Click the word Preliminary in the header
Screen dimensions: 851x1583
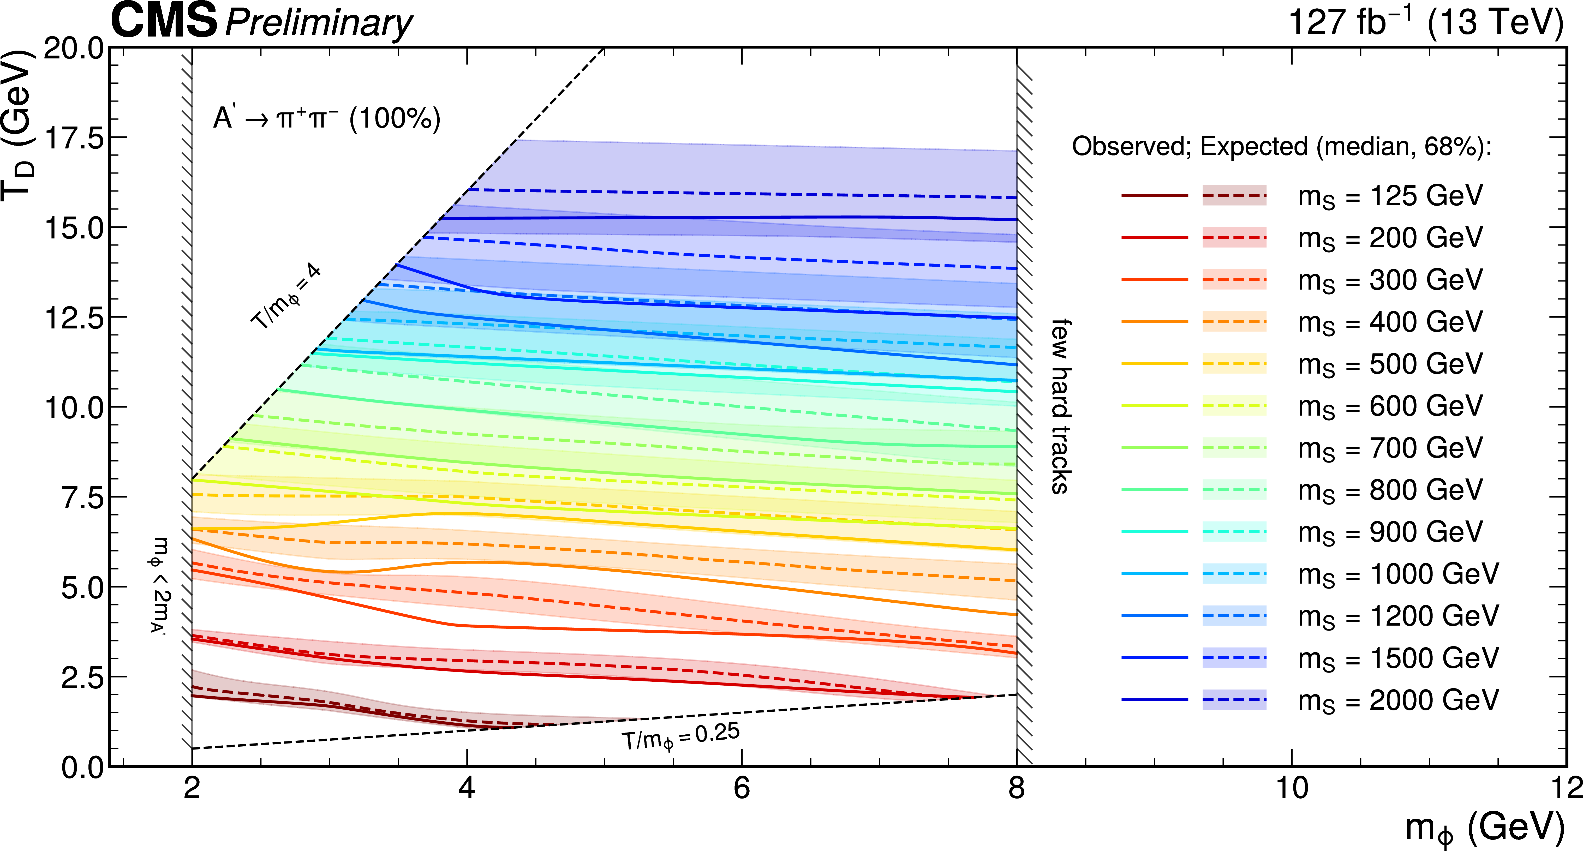pyautogui.click(x=319, y=23)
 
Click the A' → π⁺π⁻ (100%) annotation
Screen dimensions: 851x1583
pyautogui.click(x=327, y=118)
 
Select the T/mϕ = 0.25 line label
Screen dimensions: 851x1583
pyautogui.click(x=681, y=737)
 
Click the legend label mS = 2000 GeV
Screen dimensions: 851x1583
pyautogui.click(x=1398, y=700)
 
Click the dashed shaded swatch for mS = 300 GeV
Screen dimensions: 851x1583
pyautogui.click(x=1234, y=280)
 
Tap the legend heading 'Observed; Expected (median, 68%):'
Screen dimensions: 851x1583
pyautogui.click(x=1282, y=147)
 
